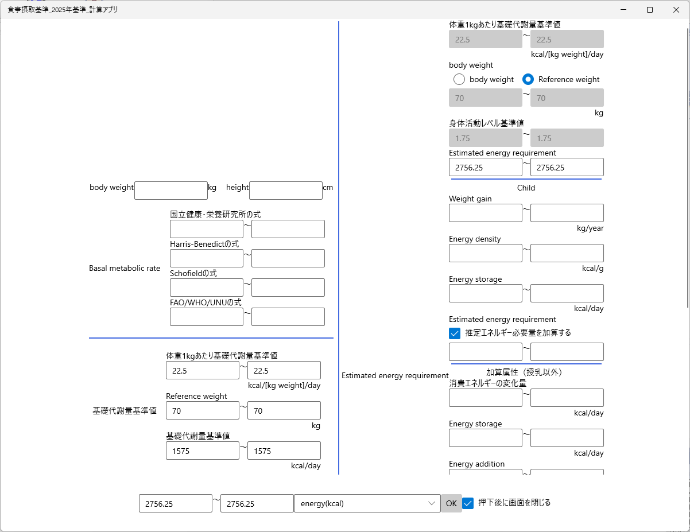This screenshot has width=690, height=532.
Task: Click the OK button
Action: point(451,503)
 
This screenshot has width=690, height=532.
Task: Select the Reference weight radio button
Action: point(528,79)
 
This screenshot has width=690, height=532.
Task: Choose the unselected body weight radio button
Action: point(459,79)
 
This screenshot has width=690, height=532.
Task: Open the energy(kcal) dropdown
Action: point(367,503)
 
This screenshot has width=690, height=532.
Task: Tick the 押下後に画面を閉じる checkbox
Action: point(468,503)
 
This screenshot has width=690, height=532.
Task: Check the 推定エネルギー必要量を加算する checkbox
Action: point(455,333)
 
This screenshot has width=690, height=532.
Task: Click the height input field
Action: point(285,191)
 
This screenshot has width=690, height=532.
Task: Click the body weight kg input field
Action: point(171,191)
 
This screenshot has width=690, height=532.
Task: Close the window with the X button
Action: point(676,10)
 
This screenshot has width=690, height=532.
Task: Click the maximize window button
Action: point(650,10)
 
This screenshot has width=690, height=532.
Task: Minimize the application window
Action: point(623,10)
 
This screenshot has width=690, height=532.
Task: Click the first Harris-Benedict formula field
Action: point(207,258)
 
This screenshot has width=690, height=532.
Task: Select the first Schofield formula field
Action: point(207,288)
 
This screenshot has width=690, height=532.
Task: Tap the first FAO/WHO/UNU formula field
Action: point(207,317)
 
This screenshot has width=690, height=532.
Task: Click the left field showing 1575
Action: point(202,451)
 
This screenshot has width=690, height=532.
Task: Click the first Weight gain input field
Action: point(485,213)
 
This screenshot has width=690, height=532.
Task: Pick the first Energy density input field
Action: point(485,253)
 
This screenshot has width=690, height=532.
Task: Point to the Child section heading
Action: point(526,188)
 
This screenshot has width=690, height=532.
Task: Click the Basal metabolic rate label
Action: point(125,268)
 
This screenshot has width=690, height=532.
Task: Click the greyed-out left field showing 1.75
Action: point(485,138)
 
